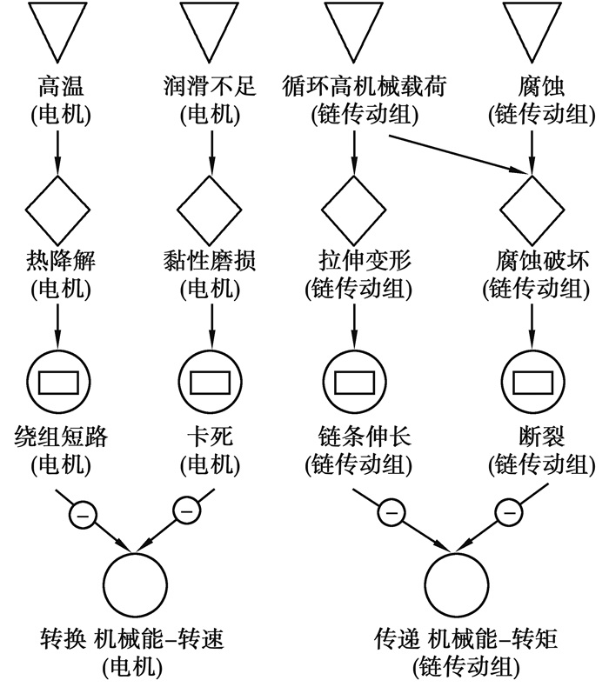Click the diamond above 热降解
(57, 209)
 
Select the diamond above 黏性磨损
(210, 209)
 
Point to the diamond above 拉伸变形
(353, 209)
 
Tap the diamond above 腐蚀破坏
(532, 209)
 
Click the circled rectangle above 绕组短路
(57, 382)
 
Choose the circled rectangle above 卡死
(210, 382)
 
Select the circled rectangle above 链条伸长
(353, 382)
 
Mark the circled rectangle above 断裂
(532, 382)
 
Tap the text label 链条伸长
(353, 435)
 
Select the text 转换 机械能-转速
(132, 641)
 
